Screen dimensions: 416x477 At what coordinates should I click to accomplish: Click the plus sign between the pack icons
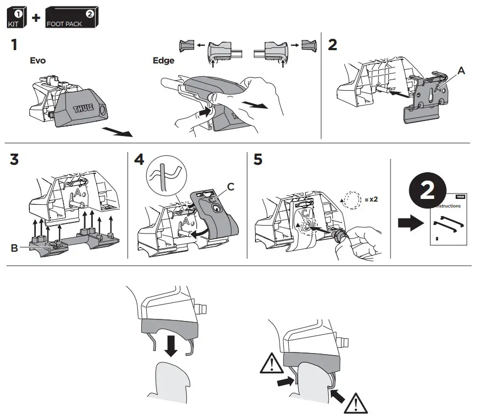[36, 19]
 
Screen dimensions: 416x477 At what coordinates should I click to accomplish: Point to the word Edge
[163, 61]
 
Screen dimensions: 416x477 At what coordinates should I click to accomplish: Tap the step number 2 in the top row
[332, 45]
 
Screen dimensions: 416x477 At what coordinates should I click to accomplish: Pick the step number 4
[139, 160]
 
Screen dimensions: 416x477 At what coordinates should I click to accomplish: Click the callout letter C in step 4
[230, 186]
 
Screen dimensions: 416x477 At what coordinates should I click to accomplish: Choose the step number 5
[258, 160]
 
